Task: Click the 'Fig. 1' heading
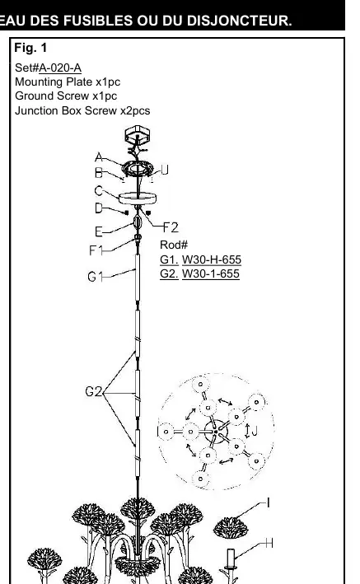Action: pyautogui.click(x=30, y=48)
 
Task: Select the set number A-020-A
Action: pyautogui.click(x=60, y=68)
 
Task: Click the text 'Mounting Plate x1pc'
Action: pyautogui.click(x=68, y=82)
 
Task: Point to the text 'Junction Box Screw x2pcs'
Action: pyautogui.click(x=82, y=110)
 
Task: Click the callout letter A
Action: pyautogui.click(x=99, y=157)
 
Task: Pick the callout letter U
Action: pyautogui.click(x=165, y=171)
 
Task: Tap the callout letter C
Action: pyautogui.click(x=98, y=191)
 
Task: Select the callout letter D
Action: pyautogui.click(x=98, y=208)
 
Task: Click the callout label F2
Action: pyautogui.click(x=171, y=227)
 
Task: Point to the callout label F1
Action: pyautogui.click(x=96, y=250)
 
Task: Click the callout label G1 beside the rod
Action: pyautogui.click(x=95, y=277)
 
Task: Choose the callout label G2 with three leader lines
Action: pyautogui.click(x=94, y=391)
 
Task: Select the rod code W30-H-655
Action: pyautogui.click(x=211, y=259)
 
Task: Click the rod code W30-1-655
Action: pyautogui.click(x=211, y=273)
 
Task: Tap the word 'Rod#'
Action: pyautogui.click(x=174, y=245)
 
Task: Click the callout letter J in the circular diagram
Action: pyautogui.click(x=255, y=432)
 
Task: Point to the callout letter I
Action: pyautogui.click(x=268, y=503)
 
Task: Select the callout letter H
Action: pyautogui.click(x=269, y=544)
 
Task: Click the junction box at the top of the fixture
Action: pyautogui.click(x=138, y=134)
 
